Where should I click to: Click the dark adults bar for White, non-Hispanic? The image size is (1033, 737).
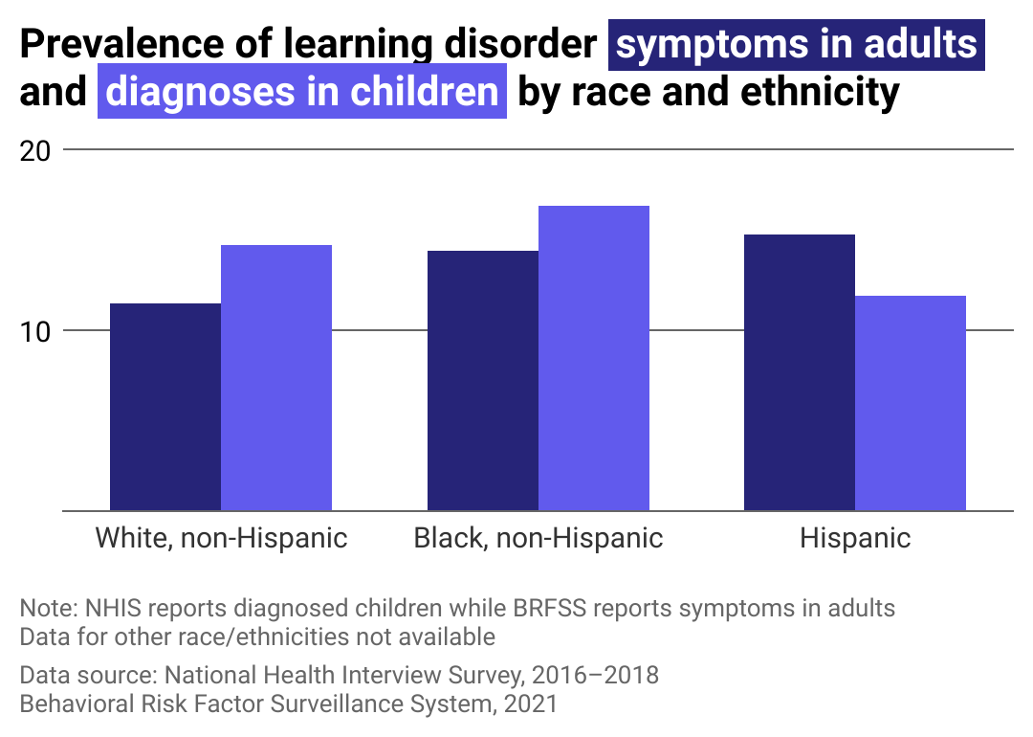click(x=165, y=407)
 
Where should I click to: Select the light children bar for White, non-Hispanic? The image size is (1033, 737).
click(x=276, y=378)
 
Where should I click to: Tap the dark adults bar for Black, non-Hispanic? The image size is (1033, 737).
click(x=483, y=381)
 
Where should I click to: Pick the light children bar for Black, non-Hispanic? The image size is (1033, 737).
click(x=594, y=358)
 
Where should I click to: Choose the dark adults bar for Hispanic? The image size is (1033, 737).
click(x=800, y=372)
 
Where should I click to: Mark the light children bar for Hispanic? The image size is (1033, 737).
click(x=911, y=403)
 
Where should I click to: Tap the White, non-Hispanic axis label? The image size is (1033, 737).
click(x=221, y=538)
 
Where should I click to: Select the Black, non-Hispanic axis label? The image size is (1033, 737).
click(x=538, y=538)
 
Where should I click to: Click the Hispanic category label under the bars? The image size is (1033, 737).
click(x=855, y=538)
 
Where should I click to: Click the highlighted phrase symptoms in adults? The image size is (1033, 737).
click(x=797, y=46)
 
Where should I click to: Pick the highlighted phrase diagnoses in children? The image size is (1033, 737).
click(x=302, y=93)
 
